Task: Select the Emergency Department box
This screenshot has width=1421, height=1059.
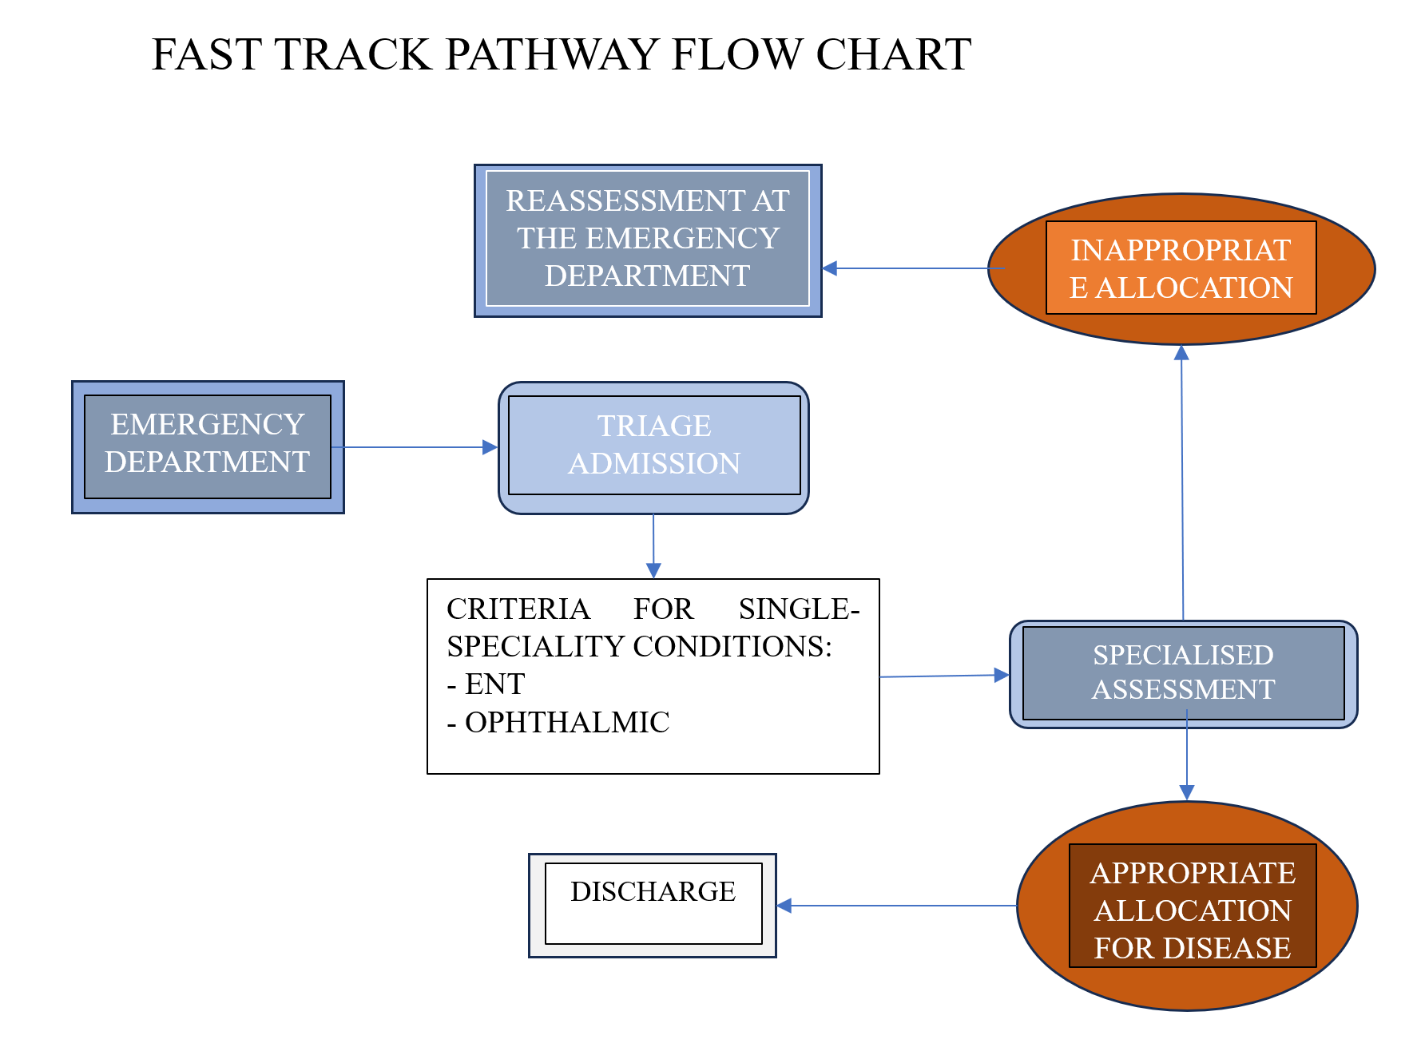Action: pyautogui.click(x=208, y=446)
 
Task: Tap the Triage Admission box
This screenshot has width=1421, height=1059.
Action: pyautogui.click(x=653, y=446)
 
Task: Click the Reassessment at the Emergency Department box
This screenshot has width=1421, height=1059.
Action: pyautogui.click(x=647, y=240)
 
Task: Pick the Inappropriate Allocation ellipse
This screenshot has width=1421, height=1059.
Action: pyautogui.click(x=1181, y=268)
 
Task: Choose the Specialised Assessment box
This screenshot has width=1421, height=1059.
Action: pyautogui.click(x=1183, y=672)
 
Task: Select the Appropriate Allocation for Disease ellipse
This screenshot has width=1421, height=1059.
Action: pyautogui.click(x=1187, y=906)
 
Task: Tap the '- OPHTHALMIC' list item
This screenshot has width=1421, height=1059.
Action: pyautogui.click(x=558, y=723)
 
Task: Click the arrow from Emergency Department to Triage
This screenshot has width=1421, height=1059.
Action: pyautogui.click(x=415, y=447)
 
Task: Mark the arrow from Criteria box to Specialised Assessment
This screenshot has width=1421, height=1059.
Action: pyautogui.click(x=943, y=676)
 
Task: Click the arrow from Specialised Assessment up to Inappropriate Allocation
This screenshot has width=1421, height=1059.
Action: pyautogui.click(x=1182, y=479)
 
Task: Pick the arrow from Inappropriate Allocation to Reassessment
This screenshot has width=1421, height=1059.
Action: pyautogui.click(x=911, y=268)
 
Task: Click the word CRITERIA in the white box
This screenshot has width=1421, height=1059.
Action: pyautogui.click(x=518, y=609)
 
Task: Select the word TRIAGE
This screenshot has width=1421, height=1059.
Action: pyautogui.click(x=654, y=426)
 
